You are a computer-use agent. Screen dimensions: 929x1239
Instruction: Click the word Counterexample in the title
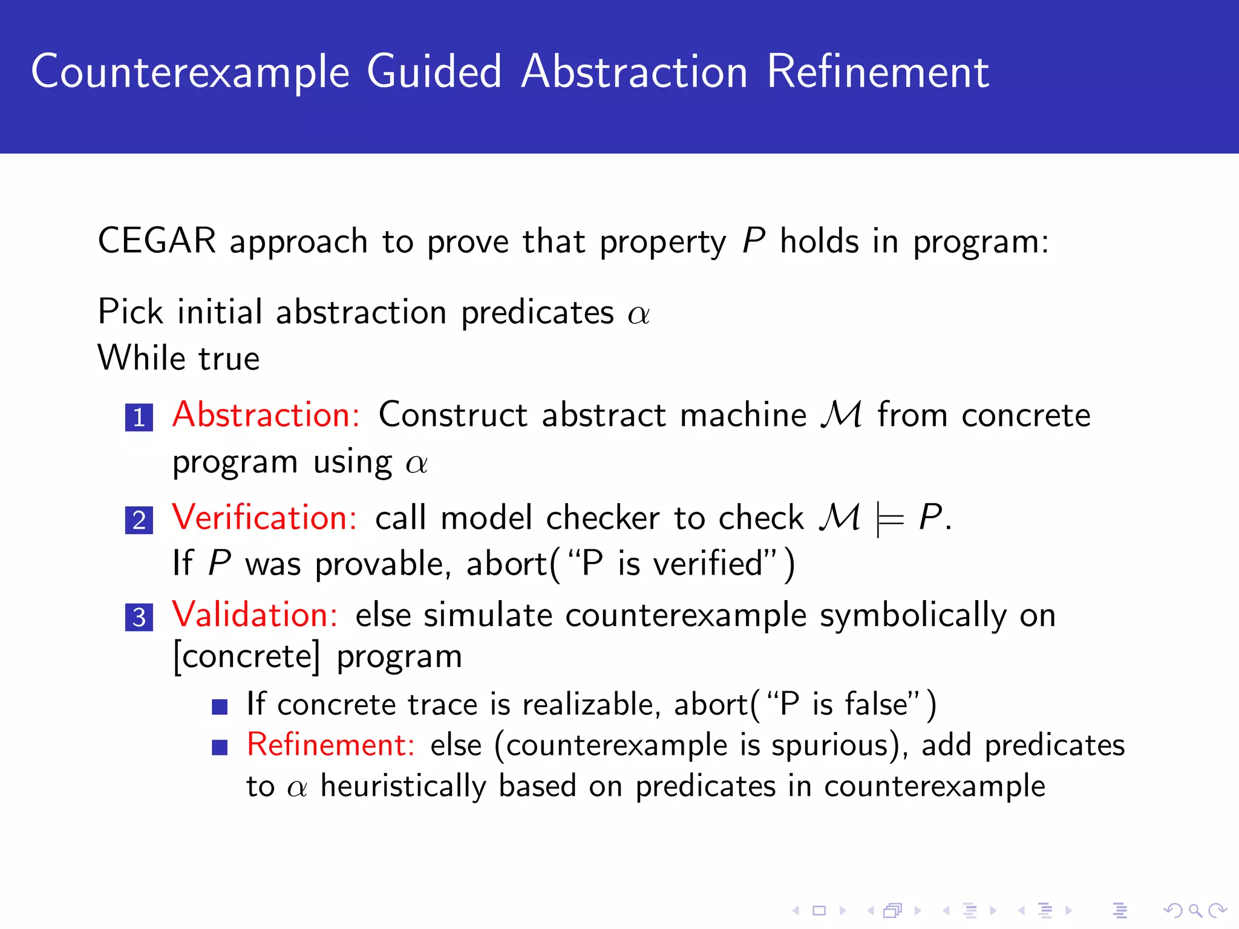pyautogui.click(x=191, y=73)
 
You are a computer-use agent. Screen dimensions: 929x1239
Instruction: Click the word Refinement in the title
pyautogui.click(x=878, y=71)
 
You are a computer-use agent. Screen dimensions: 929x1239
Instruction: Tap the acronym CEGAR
pyautogui.click(x=157, y=241)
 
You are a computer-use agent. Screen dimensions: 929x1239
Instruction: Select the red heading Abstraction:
pyautogui.click(x=266, y=415)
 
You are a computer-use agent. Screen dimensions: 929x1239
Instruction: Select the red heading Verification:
pyautogui.click(x=264, y=518)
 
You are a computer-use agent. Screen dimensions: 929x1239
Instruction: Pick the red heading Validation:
pyautogui.click(x=255, y=614)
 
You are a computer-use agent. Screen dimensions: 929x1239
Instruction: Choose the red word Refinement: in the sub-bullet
pyautogui.click(x=330, y=744)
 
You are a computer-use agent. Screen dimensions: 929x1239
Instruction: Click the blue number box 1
pyautogui.click(x=139, y=417)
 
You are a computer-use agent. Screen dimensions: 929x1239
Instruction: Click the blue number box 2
pyautogui.click(x=139, y=520)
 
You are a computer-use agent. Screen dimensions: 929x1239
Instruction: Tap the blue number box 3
pyautogui.click(x=139, y=617)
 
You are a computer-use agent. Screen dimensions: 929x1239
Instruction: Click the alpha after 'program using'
pyautogui.click(x=417, y=464)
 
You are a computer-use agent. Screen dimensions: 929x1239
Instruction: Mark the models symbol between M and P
pyautogui.click(x=889, y=519)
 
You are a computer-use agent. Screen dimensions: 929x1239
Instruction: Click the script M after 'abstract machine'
pyautogui.click(x=842, y=415)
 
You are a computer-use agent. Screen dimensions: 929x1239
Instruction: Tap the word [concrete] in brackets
pyautogui.click(x=246, y=657)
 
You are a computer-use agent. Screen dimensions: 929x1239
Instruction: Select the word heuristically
pyautogui.click(x=403, y=786)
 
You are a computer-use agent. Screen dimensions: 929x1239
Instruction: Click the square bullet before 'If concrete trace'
pyautogui.click(x=220, y=706)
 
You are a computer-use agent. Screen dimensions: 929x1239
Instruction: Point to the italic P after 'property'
pyautogui.click(x=754, y=241)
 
